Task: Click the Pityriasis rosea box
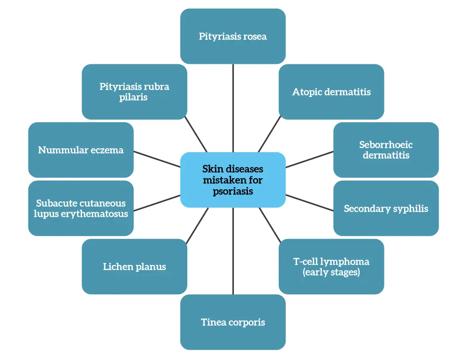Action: point(233,36)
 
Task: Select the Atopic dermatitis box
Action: point(331,92)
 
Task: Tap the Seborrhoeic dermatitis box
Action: point(386,150)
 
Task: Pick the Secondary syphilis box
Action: point(386,208)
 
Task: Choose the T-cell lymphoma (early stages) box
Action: point(331,266)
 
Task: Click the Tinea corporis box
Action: point(233,322)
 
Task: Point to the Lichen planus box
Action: point(134,266)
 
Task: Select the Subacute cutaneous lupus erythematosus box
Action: point(81,208)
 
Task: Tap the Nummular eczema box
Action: point(81,150)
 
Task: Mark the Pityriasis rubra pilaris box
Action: point(134,92)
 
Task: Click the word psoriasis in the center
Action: point(233,191)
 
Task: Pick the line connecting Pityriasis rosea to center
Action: point(233,107)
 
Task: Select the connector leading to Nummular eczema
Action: point(157,159)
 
